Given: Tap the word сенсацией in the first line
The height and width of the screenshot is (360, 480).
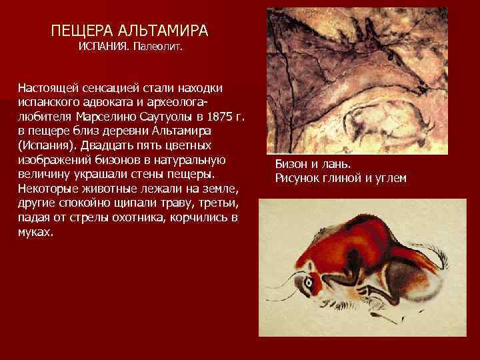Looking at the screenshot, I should click(x=111, y=88).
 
